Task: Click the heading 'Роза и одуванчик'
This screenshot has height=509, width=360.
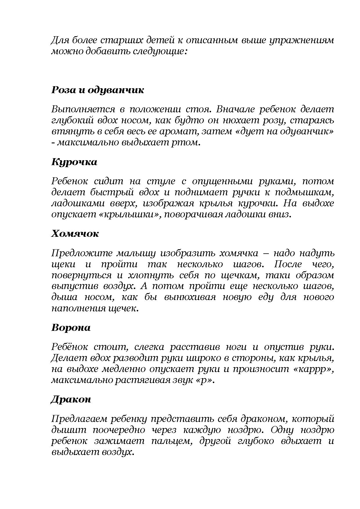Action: [x=98, y=90]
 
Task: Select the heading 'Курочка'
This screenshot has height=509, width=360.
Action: [x=74, y=162]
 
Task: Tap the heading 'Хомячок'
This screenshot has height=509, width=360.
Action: [x=75, y=234]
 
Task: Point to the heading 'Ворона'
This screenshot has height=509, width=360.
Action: [x=71, y=328]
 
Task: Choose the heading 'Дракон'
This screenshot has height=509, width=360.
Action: [x=71, y=399]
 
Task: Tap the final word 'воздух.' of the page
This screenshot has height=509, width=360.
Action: [x=117, y=452]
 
